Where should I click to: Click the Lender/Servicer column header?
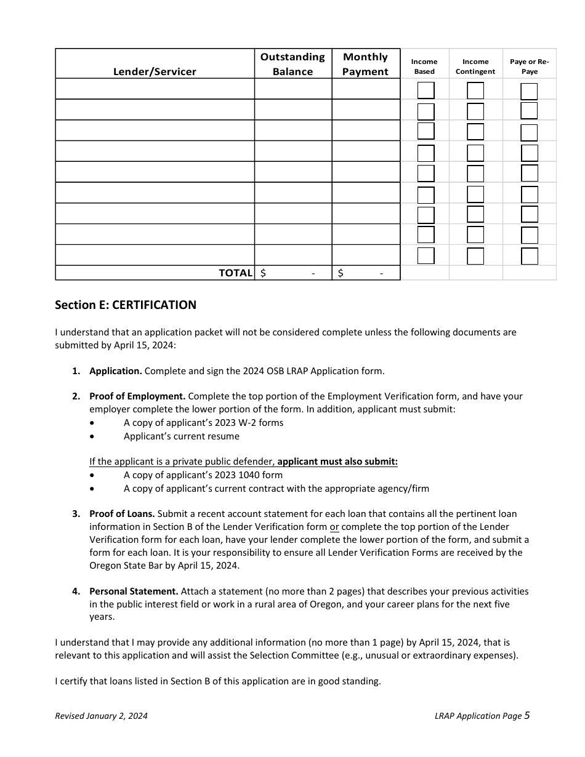click(155, 71)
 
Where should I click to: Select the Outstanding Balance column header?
click(292, 64)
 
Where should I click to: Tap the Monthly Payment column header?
click(365, 64)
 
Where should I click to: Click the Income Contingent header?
click(475, 66)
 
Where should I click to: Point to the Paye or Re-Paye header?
click(529, 66)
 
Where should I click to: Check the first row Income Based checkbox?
click(426, 91)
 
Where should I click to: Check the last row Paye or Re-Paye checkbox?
click(529, 256)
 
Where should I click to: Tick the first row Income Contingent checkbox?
click(475, 91)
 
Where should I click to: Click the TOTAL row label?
click(235, 273)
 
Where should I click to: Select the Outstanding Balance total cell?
click(292, 273)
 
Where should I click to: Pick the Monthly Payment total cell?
click(365, 273)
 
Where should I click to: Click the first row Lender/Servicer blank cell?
click(155, 89)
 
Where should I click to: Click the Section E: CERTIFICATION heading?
click(126, 305)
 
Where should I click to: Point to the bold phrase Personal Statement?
click(134, 591)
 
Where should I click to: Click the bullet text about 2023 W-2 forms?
click(203, 423)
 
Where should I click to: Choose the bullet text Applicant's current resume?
click(181, 436)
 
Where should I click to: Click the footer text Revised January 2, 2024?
click(101, 716)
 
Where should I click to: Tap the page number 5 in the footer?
click(526, 715)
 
